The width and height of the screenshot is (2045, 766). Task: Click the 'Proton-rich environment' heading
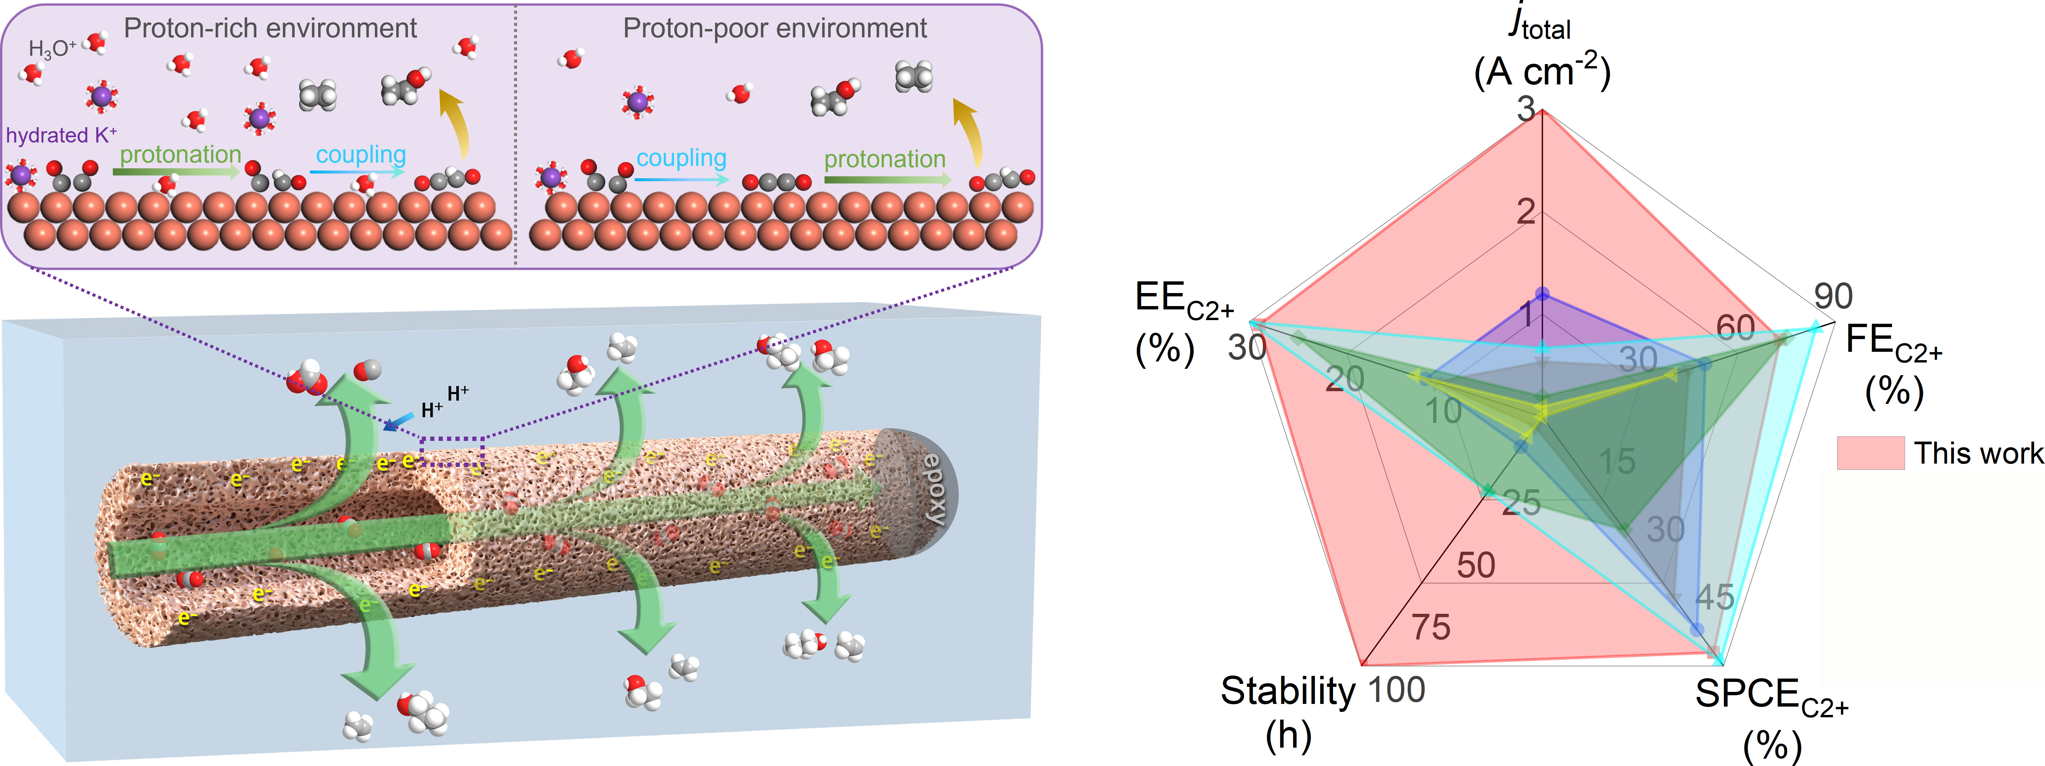point(270,29)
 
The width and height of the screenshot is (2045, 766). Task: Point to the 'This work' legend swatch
point(1869,453)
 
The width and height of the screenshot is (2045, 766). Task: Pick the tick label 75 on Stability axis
point(1430,628)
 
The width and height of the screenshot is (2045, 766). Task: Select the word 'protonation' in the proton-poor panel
point(884,160)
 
